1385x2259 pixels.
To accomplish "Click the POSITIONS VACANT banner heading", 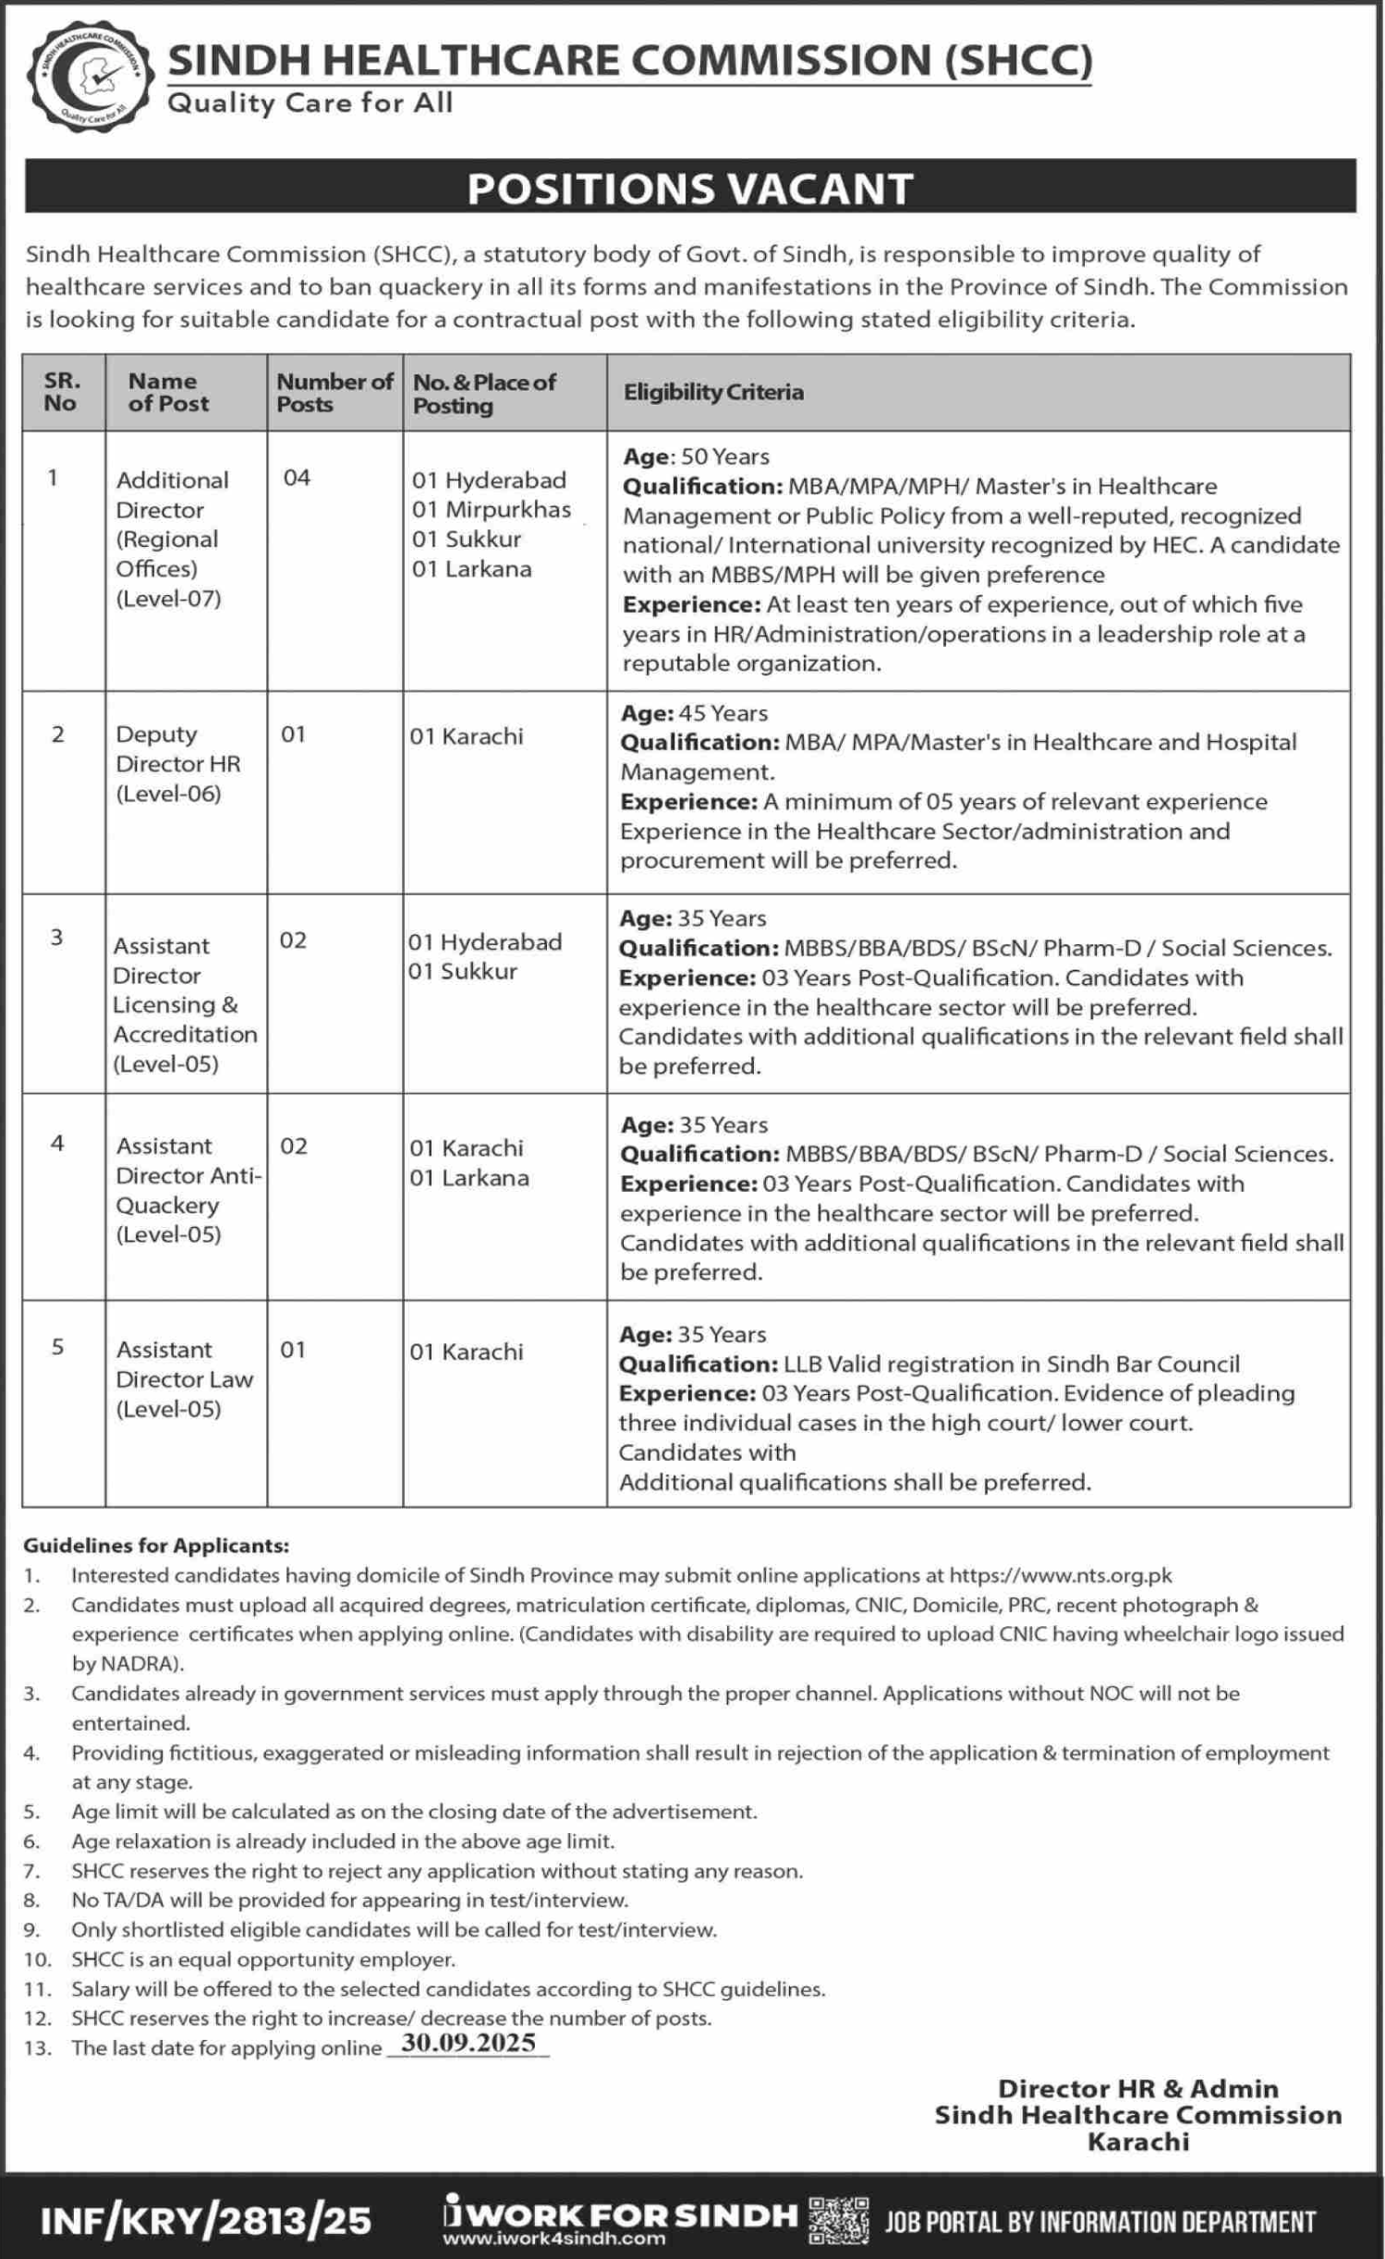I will [x=690, y=188].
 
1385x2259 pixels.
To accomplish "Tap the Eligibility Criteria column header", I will [x=713, y=392].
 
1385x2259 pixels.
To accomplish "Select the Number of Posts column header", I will [x=334, y=393].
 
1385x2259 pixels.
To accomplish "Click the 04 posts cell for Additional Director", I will [x=297, y=478].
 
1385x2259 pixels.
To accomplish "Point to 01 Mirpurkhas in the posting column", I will [x=492, y=509].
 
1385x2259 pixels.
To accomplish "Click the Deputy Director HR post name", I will [x=177, y=763].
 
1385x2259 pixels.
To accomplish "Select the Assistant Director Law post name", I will [x=184, y=1378].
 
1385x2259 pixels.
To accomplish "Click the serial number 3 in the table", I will [x=57, y=938].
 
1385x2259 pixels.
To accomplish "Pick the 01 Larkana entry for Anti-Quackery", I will [x=469, y=1177].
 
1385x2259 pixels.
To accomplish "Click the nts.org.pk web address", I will [x=1061, y=1575].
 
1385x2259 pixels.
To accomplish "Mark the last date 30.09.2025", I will [x=468, y=2043].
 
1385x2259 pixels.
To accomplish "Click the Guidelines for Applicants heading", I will [x=156, y=1545].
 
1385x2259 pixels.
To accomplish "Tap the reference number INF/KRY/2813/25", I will [x=206, y=2220].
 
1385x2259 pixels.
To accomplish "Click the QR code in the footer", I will [x=838, y=2220].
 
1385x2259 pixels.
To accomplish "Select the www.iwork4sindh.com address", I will [x=553, y=2238].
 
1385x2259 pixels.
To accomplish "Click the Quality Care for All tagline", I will [x=310, y=103].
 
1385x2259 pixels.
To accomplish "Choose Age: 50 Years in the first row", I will [x=696, y=456].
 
